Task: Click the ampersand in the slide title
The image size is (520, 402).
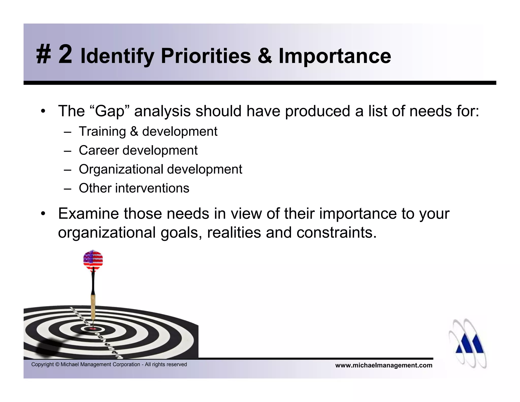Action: click(265, 56)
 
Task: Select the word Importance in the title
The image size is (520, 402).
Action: click(335, 56)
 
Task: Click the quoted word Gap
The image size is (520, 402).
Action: click(110, 112)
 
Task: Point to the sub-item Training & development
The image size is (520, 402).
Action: click(148, 132)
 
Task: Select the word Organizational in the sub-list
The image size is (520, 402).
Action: click(121, 169)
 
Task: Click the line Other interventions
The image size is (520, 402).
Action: click(134, 188)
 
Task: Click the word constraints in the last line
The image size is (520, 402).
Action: click(336, 233)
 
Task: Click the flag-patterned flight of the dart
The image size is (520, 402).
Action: click(93, 261)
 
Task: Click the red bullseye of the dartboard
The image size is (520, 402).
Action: click(91, 329)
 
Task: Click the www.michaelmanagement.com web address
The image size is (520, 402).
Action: click(383, 365)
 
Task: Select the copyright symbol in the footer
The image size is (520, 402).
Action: click(57, 365)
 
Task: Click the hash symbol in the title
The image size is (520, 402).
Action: click(43, 56)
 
